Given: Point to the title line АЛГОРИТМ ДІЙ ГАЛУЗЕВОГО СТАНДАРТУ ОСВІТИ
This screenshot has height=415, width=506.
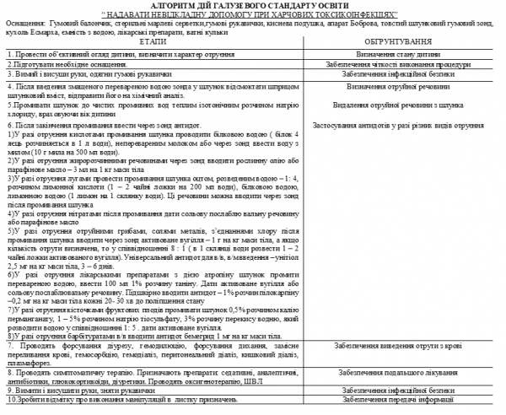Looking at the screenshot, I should coord(254,4).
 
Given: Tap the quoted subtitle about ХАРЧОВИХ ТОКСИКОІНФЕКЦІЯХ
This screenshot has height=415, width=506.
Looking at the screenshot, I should coord(254,14).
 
